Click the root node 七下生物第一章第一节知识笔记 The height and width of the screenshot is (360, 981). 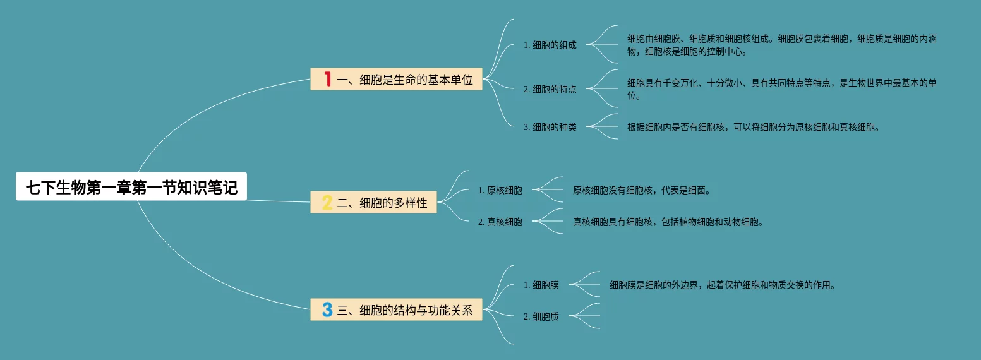[x=131, y=188]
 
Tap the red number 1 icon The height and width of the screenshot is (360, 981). [x=327, y=79]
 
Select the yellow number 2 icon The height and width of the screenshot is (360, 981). [x=327, y=203]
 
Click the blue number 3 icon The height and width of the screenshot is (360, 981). [x=327, y=309]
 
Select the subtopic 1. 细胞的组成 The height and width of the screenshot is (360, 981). [x=550, y=45]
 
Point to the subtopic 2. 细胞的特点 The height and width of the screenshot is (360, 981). [x=550, y=89]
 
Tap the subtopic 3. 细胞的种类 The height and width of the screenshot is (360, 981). [x=550, y=127]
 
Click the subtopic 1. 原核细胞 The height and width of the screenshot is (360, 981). [x=500, y=190]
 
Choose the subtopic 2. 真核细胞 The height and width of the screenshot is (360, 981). [x=500, y=222]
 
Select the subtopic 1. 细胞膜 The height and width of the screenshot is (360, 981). [x=541, y=285]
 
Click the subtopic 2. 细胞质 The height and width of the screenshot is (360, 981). [x=541, y=316]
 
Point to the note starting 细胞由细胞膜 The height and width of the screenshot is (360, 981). [x=781, y=45]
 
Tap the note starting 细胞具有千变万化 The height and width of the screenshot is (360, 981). [x=781, y=89]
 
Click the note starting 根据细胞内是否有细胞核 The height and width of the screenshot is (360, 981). [x=753, y=127]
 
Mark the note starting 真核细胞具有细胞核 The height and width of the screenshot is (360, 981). [x=668, y=222]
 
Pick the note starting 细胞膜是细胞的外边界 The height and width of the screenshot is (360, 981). [x=722, y=285]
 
